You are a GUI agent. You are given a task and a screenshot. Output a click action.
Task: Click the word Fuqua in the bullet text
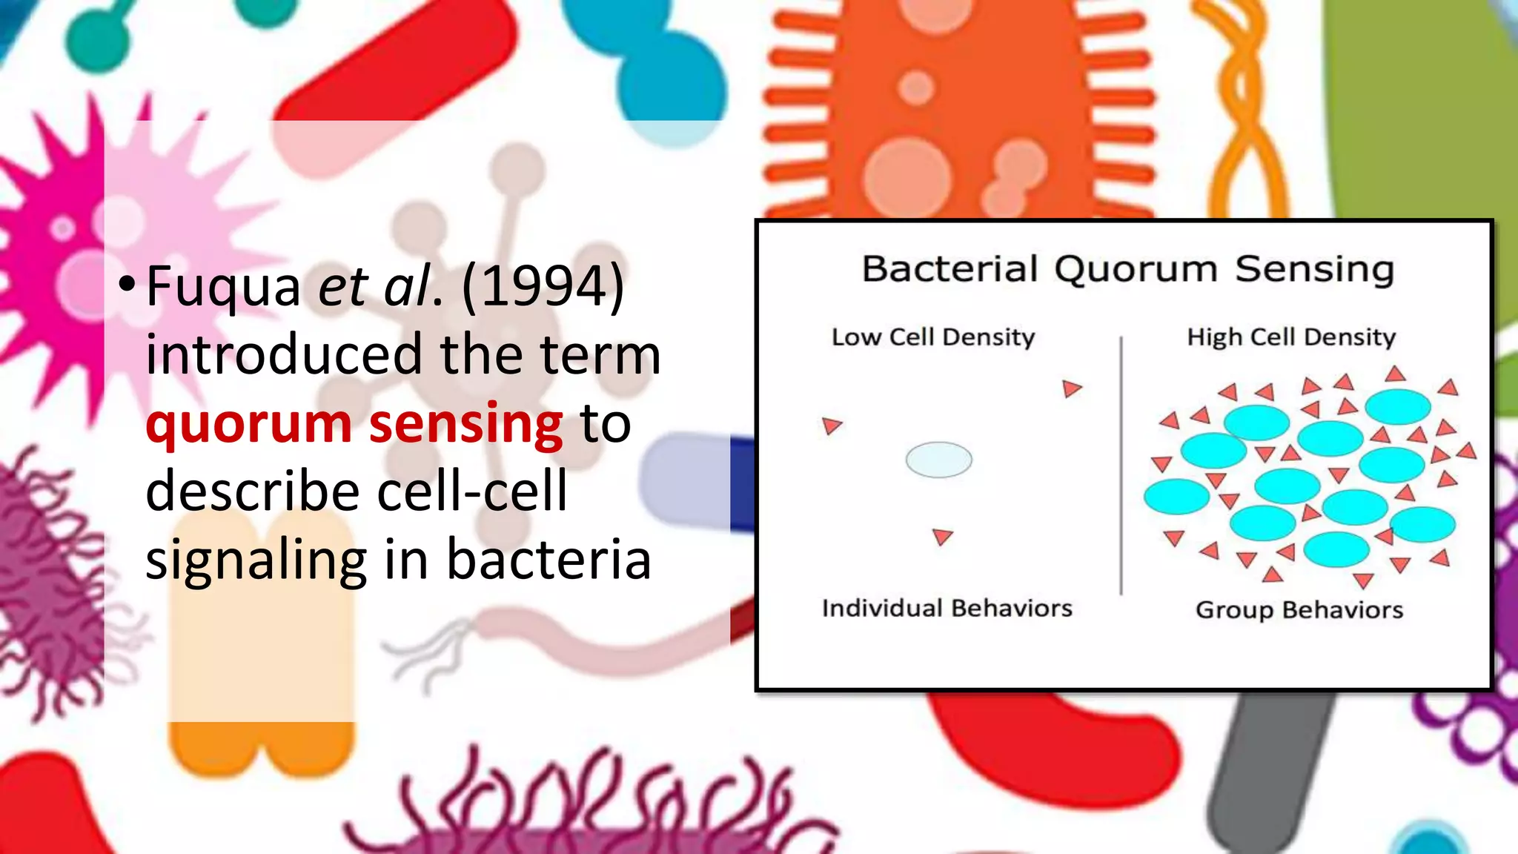223,287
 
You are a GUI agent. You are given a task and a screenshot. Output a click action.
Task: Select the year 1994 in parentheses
543,287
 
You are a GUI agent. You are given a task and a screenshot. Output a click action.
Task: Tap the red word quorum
248,424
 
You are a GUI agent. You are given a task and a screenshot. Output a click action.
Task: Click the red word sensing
465,424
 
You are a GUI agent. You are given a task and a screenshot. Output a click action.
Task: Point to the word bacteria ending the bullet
548,560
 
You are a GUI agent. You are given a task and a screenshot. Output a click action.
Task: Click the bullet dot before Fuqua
127,283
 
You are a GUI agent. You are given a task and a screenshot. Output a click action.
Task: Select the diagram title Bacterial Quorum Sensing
1127,269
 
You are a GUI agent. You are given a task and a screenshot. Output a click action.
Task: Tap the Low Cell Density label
932,337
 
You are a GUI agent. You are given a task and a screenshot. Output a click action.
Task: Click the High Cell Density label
1291,337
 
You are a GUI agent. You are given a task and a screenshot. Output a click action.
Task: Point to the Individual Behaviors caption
947,609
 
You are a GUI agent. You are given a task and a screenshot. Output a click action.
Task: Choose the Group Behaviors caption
1299,610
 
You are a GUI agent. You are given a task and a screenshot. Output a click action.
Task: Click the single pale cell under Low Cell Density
938,460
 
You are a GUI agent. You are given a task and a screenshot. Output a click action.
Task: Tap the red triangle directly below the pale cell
942,536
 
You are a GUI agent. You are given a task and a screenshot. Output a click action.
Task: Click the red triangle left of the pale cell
832,426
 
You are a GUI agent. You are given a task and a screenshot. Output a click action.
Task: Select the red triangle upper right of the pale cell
1071,388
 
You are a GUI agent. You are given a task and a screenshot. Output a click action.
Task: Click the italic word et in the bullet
343,287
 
